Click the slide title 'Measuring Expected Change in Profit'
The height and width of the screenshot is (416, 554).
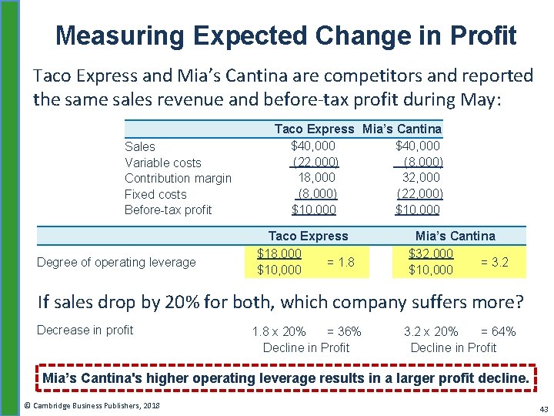(x=286, y=35)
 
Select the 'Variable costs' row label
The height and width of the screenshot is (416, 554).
(x=163, y=163)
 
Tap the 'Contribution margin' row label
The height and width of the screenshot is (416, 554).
(x=178, y=178)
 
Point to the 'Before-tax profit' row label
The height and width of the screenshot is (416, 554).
(x=168, y=210)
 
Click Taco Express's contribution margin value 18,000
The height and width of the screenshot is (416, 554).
(x=315, y=178)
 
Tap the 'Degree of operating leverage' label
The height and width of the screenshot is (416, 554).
(x=116, y=262)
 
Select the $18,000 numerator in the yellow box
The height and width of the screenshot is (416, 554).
(x=279, y=253)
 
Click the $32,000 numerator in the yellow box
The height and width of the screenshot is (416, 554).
(x=431, y=253)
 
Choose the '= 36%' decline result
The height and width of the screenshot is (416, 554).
(x=344, y=331)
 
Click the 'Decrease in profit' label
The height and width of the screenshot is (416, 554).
(x=85, y=330)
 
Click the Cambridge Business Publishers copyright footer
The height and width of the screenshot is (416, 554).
(x=92, y=405)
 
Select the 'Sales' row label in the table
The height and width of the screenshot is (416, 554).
(x=139, y=146)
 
